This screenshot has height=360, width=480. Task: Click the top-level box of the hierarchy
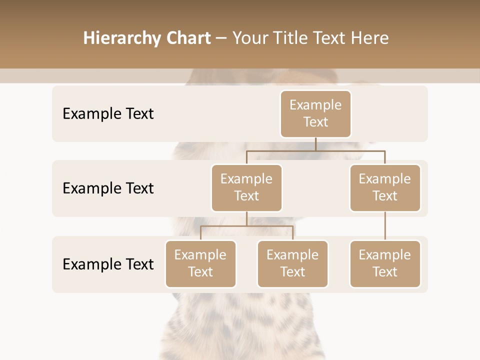pyautogui.click(x=315, y=113)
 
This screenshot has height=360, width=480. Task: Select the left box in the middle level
pyautogui.click(x=246, y=187)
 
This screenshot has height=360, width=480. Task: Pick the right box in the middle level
pyautogui.click(x=385, y=187)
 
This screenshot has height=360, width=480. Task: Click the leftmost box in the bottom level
pyautogui.click(x=200, y=263)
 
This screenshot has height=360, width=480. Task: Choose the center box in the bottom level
pyautogui.click(x=292, y=263)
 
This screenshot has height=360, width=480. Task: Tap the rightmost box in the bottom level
pyautogui.click(x=385, y=263)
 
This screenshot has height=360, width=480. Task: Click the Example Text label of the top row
pyautogui.click(x=108, y=114)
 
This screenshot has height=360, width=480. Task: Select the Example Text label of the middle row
pyautogui.click(x=108, y=188)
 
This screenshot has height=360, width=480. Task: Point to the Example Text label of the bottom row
pyautogui.click(x=108, y=264)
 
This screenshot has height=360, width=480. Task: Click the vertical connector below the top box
pyautogui.click(x=315, y=144)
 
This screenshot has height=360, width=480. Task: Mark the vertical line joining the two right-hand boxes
pyautogui.click(x=385, y=226)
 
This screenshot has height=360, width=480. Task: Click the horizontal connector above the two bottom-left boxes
pyautogui.click(x=246, y=226)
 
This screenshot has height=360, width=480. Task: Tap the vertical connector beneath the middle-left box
pyautogui.click(x=246, y=218)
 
